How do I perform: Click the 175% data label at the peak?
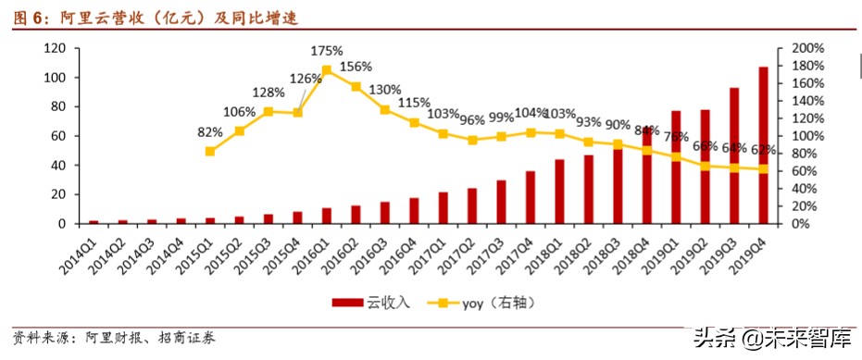pos(327,50)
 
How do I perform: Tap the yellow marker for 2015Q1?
pos(210,151)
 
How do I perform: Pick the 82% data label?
pos(210,132)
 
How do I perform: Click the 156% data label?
pos(356,67)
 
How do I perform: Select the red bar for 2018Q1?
pos(559,192)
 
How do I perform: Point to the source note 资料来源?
pos(115,338)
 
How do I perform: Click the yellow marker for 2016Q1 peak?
pos(326,69)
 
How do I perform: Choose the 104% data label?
pos(531,113)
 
